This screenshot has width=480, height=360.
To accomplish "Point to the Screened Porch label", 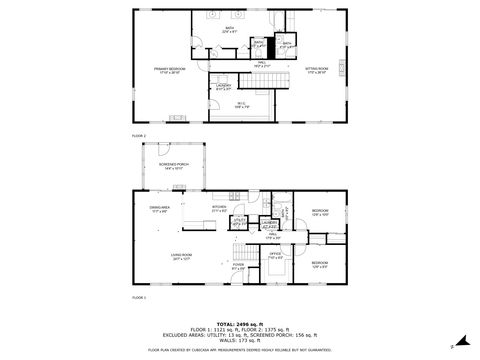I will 175,167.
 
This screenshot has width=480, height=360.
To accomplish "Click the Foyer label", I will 239,267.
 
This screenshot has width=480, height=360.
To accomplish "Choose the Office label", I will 277,257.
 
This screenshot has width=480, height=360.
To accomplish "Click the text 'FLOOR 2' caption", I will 139,134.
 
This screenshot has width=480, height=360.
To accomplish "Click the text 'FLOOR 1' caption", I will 139,298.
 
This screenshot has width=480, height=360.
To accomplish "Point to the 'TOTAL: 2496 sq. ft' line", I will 240,324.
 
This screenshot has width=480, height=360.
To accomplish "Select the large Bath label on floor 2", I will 228,31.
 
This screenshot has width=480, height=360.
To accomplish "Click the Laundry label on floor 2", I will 223,87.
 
